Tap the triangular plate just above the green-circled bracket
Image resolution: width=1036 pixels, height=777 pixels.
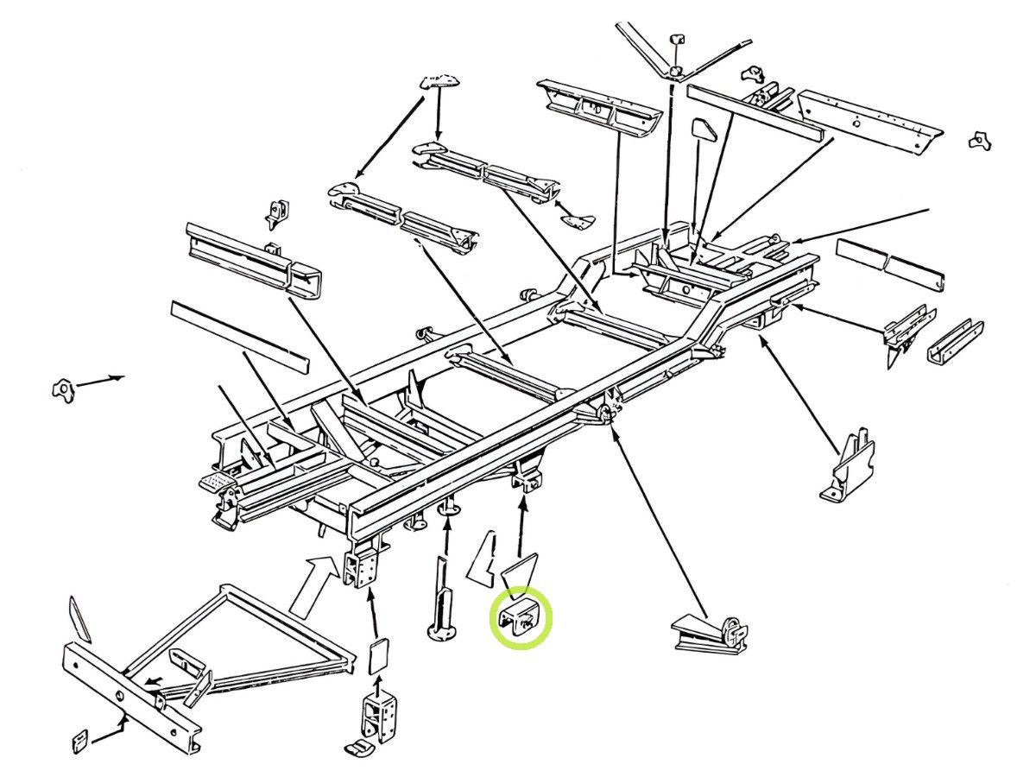pos(521,570)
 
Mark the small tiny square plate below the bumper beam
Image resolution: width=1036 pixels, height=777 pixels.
pos(79,742)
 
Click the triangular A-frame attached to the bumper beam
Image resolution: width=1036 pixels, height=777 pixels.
pos(250,639)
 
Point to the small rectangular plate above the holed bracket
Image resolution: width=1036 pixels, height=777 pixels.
pos(377,658)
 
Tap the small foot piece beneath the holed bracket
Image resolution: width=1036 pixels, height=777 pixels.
pos(361,747)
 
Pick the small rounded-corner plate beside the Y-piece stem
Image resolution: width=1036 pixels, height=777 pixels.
pos(704,129)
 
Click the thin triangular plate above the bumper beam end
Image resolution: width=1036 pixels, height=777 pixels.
pos(80,618)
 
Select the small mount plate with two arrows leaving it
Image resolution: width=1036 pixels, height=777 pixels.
pos(440,83)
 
